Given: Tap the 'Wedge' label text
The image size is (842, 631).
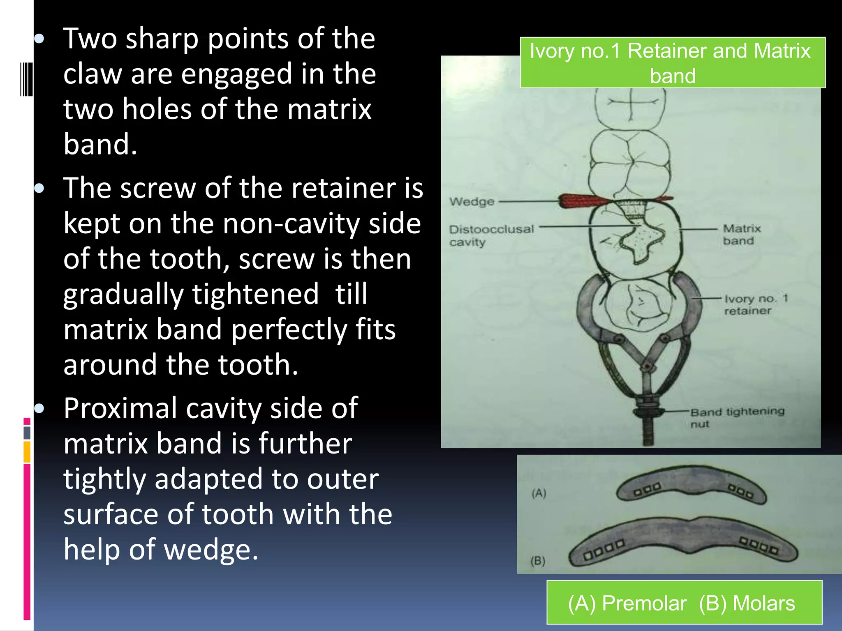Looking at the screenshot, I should point(472,202).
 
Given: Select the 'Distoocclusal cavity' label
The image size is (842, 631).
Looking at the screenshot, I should point(491,235).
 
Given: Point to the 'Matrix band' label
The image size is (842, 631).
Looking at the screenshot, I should point(741,234).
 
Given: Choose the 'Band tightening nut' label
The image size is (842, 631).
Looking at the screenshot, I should point(736,417).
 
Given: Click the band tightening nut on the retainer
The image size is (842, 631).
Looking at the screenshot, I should point(648,411).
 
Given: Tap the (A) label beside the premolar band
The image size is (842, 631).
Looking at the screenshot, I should point(539,493).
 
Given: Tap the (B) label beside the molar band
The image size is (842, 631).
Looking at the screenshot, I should point(538,561).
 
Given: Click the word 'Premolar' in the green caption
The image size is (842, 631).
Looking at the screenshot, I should point(644,603).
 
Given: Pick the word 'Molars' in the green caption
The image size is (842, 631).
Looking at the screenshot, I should point(763,603).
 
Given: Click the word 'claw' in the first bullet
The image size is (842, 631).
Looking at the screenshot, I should point(93,74).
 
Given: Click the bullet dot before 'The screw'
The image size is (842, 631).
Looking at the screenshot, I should point(39,189).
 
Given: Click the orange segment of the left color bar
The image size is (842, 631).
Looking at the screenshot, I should point(27,451).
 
